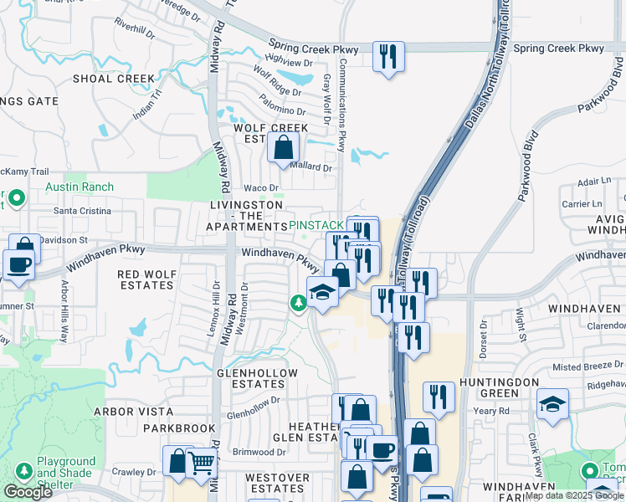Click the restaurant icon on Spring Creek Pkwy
pyautogui.click(x=388, y=57)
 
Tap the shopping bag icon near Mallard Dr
pyautogui.click(x=284, y=148)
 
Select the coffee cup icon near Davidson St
pyautogui.click(x=18, y=264)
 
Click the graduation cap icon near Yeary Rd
pyautogui.click(x=552, y=405)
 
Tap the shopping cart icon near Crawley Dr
pyautogui.click(x=201, y=463)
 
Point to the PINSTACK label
pyautogui.click(x=316, y=226)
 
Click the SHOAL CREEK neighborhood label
pyautogui.click(x=114, y=79)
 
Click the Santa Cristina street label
pyautogui.click(x=82, y=211)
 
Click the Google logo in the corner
pyautogui.click(x=28, y=492)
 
